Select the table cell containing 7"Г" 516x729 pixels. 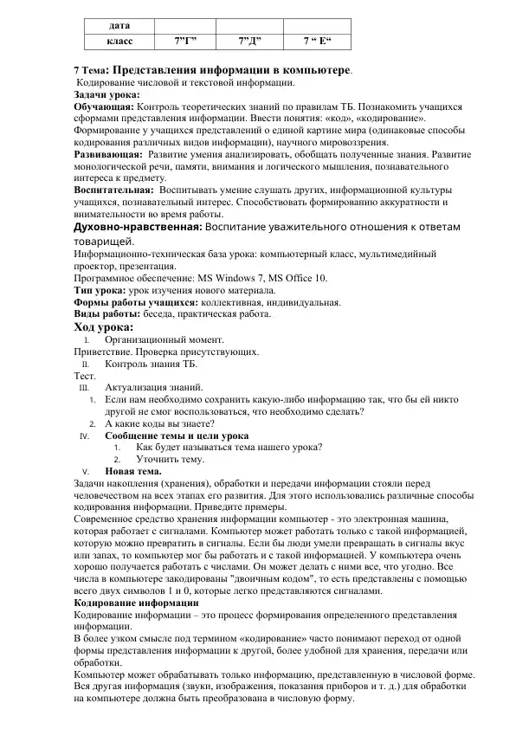coord(186,41)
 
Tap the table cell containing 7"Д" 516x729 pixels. coord(250,41)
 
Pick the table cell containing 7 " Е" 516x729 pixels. coord(320,41)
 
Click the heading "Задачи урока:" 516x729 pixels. coord(106,94)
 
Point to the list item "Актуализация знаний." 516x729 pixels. coord(154,388)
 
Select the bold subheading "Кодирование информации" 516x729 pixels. coord(136,603)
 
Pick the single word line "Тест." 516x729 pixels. coord(84,377)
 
